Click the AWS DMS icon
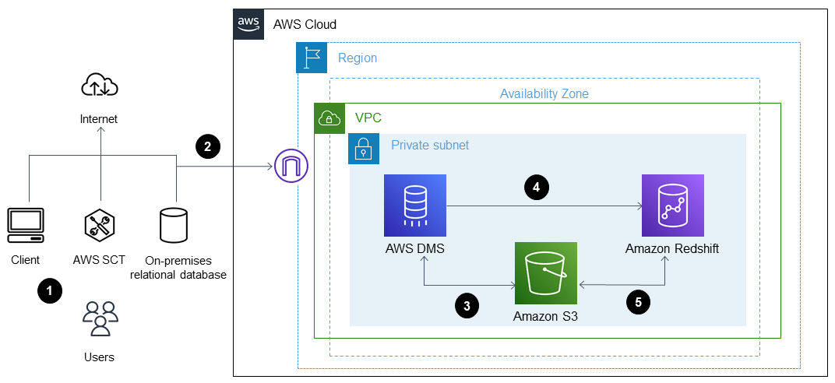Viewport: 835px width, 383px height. coord(414,205)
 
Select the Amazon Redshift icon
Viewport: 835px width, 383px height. coord(672,205)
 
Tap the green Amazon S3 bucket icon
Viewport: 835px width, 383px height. coord(545,272)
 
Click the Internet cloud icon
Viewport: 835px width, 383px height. coord(100,86)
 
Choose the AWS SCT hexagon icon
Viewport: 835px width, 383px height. coord(100,226)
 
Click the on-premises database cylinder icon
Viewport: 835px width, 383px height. coord(173,225)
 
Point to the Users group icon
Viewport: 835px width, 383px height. coord(100,318)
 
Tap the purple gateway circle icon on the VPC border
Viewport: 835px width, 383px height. coord(291,165)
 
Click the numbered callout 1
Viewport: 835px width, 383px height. coord(50,291)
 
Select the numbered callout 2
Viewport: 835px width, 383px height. coord(206,145)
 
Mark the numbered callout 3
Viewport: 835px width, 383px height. coord(466,306)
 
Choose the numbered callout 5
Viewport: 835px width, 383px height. coord(638,302)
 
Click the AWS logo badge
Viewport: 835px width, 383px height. coord(249,24)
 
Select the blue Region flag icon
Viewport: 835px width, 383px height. coord(312,58)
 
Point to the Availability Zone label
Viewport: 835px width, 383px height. coord(544,93)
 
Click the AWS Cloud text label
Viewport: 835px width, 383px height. coord(305,24)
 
